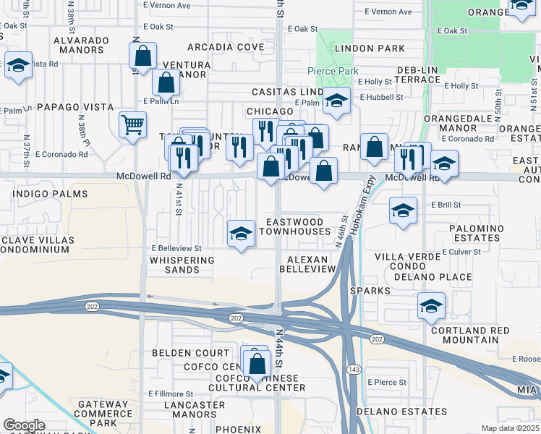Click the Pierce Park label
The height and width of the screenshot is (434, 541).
pos(333,71)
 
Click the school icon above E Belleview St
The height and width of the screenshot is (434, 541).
pos(241,233)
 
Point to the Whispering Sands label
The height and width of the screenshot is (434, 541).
pos(174,264)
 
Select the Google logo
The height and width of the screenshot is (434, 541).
pos(24,425)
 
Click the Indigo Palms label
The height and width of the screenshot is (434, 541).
pos(50,194)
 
